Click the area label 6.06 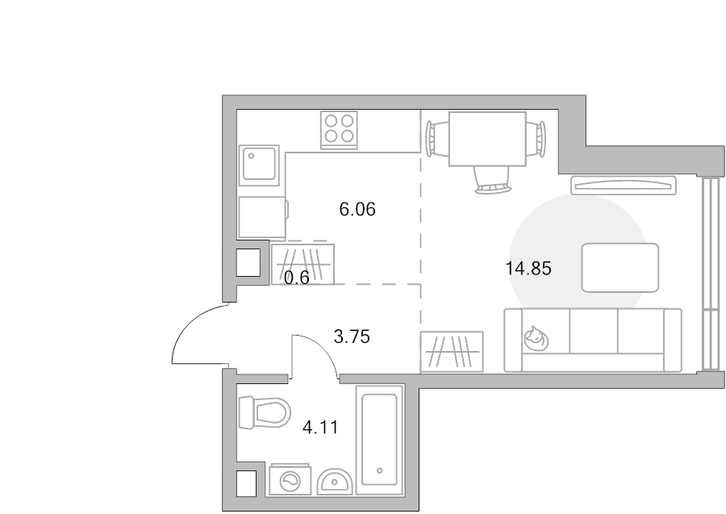(357, 210)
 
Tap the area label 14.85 (528, 269)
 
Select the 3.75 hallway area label (352, 336)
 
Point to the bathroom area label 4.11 (320, 427)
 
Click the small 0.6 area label (296, 278)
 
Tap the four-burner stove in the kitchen (339, 130)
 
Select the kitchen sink (259, 165)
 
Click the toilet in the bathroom (264, 412)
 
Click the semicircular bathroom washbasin (336, 482)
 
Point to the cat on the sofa (536, 339)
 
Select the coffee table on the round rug (620, 268)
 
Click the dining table (487, 139)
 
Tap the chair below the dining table (491, 180)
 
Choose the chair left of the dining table (437, 138)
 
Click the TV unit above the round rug (624, 186)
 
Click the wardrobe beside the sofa (452, 352)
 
